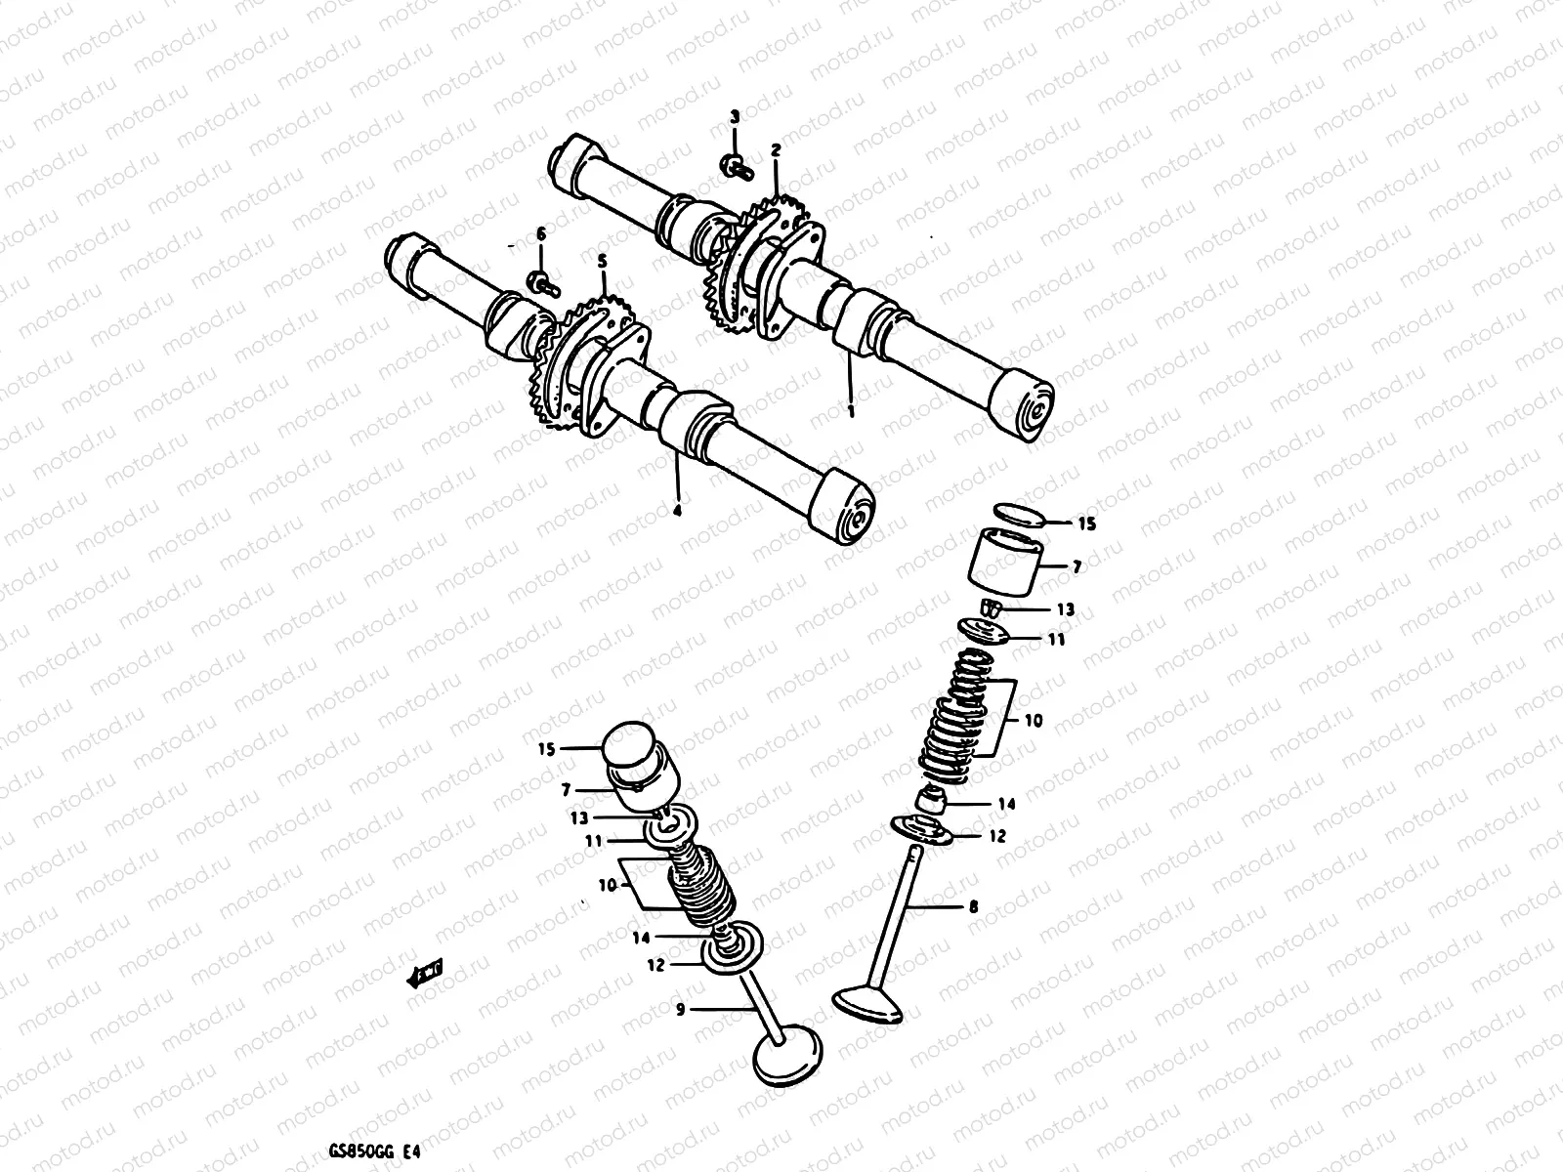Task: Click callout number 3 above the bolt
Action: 736,117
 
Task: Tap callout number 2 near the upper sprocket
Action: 776,150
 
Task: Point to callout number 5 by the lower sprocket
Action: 602,261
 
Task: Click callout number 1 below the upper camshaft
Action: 851,412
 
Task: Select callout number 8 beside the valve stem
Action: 972,906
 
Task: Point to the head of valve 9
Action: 787,1059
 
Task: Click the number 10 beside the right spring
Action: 1034,721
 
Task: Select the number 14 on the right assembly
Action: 1006,804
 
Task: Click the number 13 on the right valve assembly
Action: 1065,609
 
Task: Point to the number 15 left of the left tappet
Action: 545,749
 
